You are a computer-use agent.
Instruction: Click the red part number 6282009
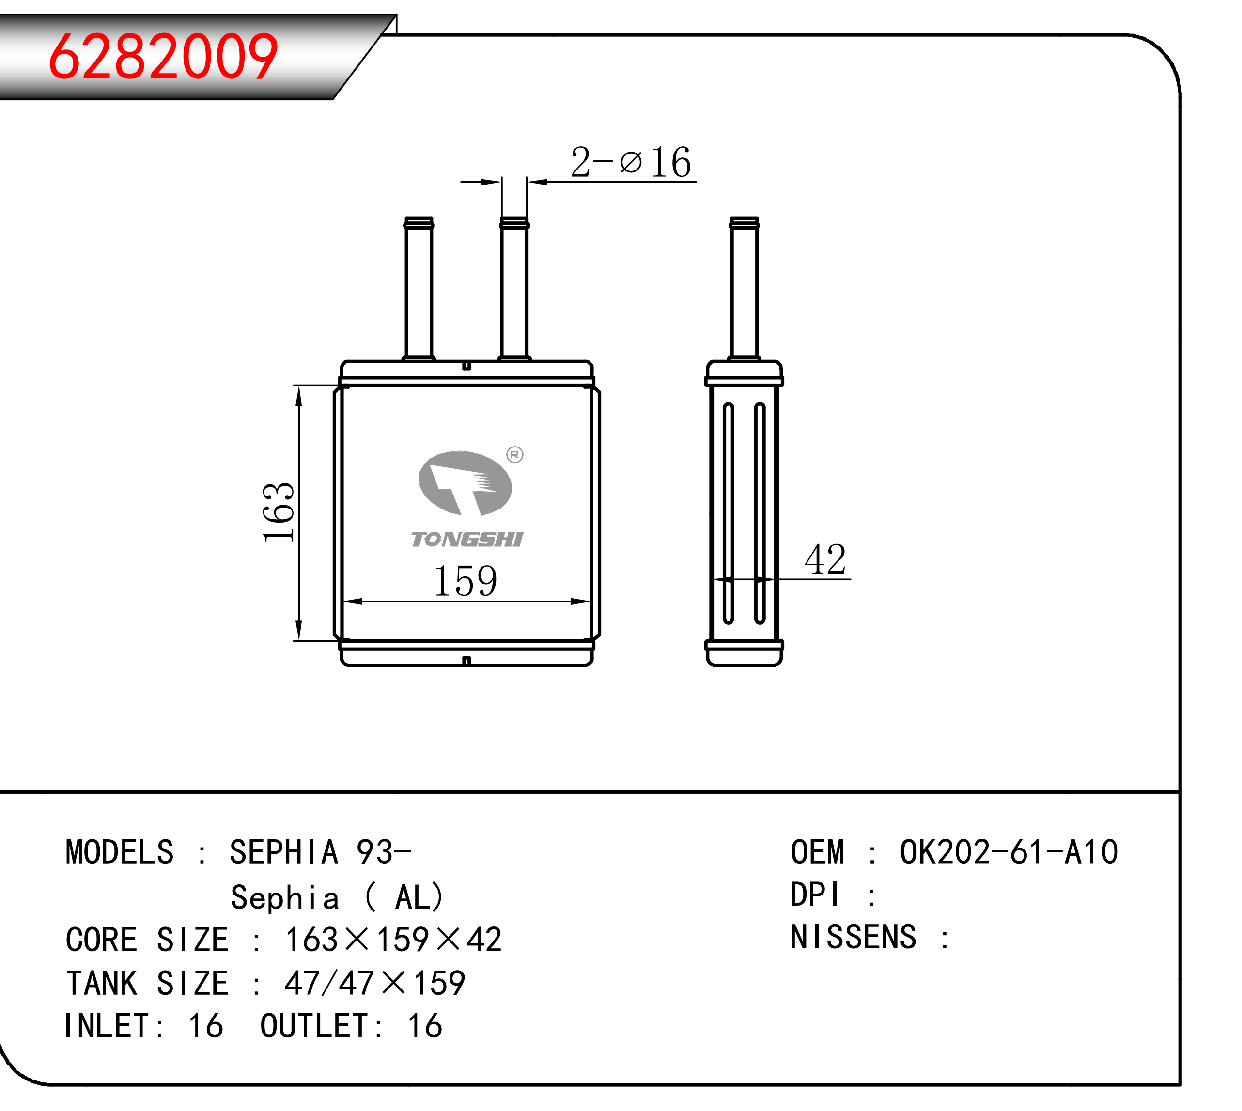pos(163,56)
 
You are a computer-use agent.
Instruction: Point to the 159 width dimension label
pos(466,581)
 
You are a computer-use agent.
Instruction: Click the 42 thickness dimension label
pos(825,559)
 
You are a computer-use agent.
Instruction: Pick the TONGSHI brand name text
pos(467,539)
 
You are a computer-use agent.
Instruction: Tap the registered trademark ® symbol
pos(515,455)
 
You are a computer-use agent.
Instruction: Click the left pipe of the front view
pos(419,289)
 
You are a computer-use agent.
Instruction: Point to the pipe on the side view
pos(745,289)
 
